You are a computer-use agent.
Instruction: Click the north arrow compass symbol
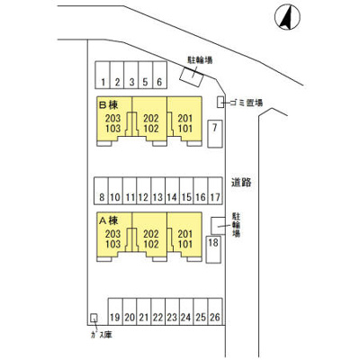287,17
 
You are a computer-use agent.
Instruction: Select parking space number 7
215,133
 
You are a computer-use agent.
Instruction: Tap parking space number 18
213,249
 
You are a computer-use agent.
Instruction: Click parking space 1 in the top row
103,75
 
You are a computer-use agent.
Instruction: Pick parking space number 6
159,75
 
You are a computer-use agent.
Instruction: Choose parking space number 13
157,191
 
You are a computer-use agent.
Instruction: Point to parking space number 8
101,191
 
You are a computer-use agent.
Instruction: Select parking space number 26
215,311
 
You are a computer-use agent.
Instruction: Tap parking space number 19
115,311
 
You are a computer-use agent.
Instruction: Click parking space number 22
158,311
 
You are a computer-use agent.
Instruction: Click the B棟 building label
109,104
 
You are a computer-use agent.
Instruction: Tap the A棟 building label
109,220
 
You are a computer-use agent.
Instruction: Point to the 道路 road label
241,182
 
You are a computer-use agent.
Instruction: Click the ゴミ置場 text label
247,103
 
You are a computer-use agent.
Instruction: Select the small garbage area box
220,102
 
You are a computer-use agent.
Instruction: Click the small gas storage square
94,318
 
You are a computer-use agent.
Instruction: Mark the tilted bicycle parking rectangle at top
192,76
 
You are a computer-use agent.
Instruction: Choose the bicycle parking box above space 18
218,226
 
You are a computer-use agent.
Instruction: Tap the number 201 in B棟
184,118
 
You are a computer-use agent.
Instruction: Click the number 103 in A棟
112,244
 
